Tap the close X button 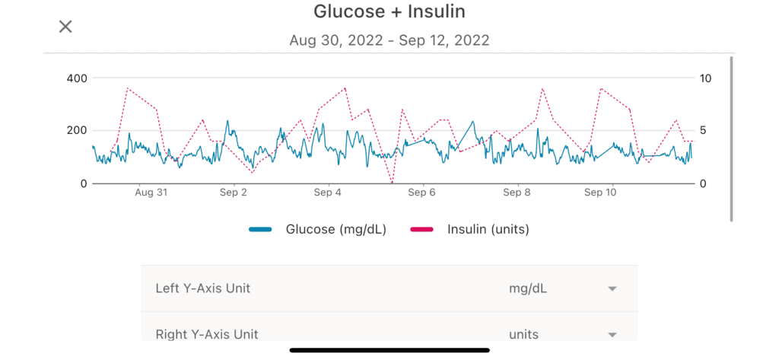point(65,27)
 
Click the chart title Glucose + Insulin point(389,11)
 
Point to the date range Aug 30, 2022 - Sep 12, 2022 point(389,40)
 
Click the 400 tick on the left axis point(77,78)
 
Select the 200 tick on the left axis point(77,130)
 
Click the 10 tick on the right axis point(706,78)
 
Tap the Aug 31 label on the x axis point(151,193)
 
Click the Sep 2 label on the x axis point(234,193)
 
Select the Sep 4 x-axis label point(328,193)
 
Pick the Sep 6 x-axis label point(421,193)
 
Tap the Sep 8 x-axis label point(517,193)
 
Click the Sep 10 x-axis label point(600,193)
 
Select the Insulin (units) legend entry point(470,229)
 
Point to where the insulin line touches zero point(392,183)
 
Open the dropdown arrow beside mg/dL point(612,288)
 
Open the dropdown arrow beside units point(612,334)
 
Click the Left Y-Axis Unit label point(202,288)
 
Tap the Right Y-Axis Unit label point(206,334)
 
